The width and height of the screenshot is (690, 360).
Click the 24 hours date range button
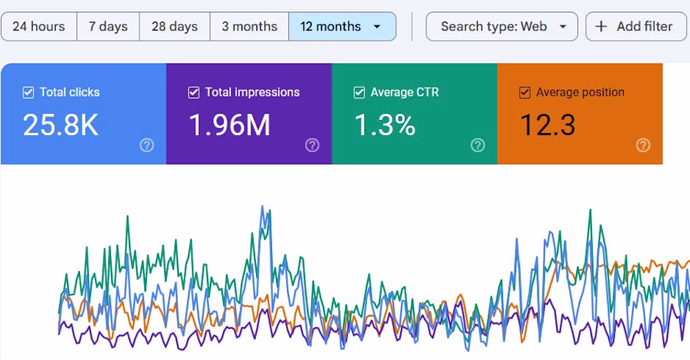click(39, 27)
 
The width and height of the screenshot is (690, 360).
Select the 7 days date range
click(108, 27)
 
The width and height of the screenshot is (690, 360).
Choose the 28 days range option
click(175, 27)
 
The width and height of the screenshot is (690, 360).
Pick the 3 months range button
click(249, 27)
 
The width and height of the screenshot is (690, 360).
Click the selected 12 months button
click(331, 27)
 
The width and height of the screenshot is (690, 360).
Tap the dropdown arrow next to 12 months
click(377, 27)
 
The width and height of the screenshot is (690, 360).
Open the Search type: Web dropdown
click(502, 27)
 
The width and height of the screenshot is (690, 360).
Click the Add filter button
click(635, 27)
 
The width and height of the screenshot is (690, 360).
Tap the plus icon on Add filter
click(602, 27)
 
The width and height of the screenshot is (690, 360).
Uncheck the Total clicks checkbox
click(28, 92)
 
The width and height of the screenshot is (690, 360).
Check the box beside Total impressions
click(194, 92)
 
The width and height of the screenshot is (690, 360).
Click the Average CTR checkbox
click(359, 92)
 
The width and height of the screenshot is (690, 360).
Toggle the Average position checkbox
click(525, 92)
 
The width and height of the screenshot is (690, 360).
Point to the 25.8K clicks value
click(61, 125)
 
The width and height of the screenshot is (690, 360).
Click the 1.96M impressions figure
click(230, 125)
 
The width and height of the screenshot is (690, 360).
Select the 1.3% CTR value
click(384, 125)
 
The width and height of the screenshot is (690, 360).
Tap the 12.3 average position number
click(547, 125)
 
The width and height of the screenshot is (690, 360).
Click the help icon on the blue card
click(146, 145)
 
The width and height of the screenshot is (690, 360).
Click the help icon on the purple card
click(312, 145)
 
